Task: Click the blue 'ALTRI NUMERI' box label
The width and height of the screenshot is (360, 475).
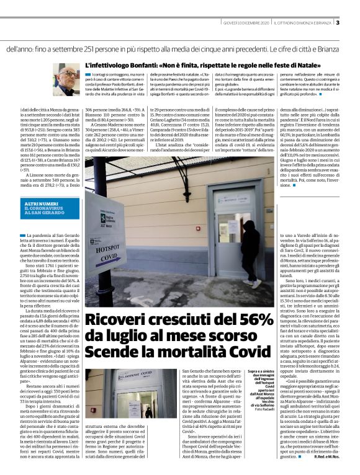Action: click(39, 203)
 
